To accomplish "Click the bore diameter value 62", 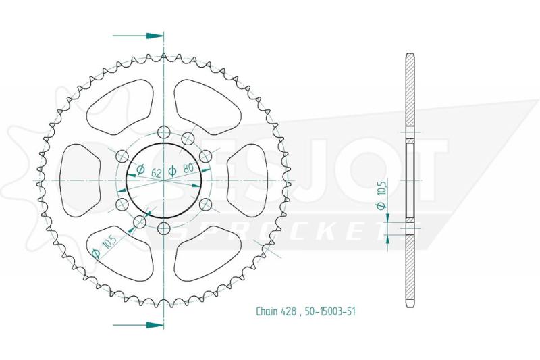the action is pyautogui.click(x=156, y=172).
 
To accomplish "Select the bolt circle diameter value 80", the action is pyautogui.click(x=188, y=169).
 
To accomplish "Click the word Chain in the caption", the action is pyautogui.click(x=267, y=311).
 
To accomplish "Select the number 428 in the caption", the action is pyautogui.click(x=288, y=311).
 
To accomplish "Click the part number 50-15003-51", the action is pyautogui.click(x=330, y=311).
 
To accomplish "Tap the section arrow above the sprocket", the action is pyautogui.click(x=138, y=36).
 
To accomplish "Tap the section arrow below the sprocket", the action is pyautogui.click(x=138, y=324).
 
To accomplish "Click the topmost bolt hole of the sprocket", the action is pyautogui.click(x=163, y=132).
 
